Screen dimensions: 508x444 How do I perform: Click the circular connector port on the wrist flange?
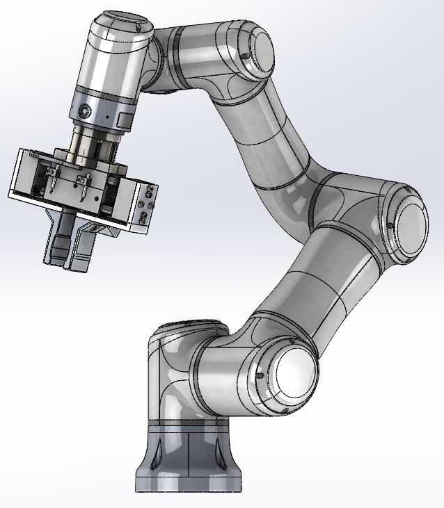[x=84, y=111]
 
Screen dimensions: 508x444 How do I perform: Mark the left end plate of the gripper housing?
[x=19, y=174]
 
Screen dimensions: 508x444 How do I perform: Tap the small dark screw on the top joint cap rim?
[x=241, y=58]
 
